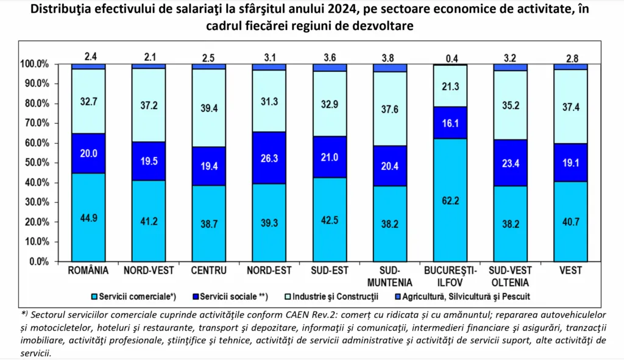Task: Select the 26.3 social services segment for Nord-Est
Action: (269, 158)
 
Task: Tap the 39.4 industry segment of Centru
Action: (209, 108)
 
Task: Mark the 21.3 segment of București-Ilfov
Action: (450, 85)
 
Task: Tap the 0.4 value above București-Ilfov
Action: (450, 57)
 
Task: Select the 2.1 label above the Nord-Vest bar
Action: (149, 57)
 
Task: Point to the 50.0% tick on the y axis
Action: (35, 163)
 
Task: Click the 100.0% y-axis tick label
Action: (34, 64)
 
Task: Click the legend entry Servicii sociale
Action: (231, 297)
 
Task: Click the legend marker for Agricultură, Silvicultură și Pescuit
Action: (397, 297)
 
